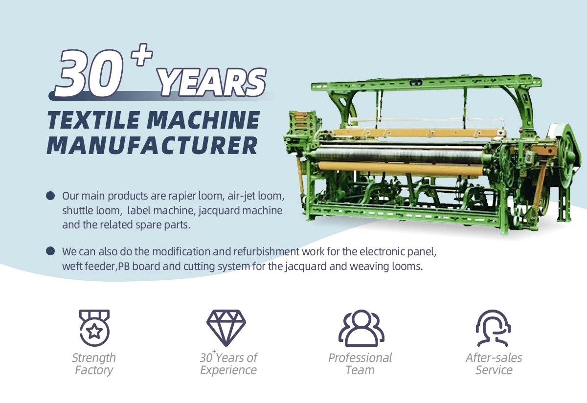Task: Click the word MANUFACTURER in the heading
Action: coord(152,145)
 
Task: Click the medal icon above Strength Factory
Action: coord(94,328)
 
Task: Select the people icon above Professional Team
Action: coord(361,328)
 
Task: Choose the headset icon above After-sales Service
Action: coord(493,328)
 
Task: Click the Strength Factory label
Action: coord(94,364)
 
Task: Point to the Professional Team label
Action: coord(360,364)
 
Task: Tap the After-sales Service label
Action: coord(494,364)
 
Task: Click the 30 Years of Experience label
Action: coord(228,364)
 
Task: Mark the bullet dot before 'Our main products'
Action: coord(50,196)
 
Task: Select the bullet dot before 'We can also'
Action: coord(50,251)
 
